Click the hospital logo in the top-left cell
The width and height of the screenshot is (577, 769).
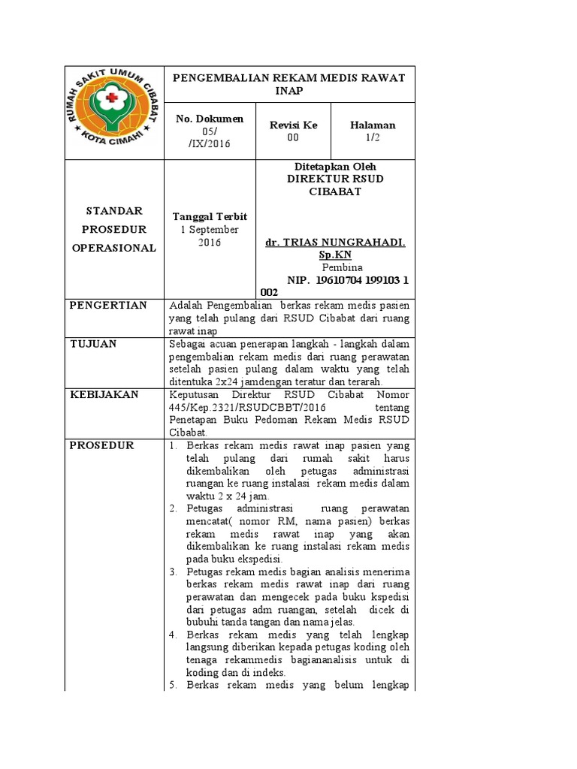pos(114,112)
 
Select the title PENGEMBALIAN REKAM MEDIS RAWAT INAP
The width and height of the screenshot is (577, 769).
pos(289,84)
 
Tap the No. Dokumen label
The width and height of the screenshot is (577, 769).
pos(210,119)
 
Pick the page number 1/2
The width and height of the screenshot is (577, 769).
pos(373,137)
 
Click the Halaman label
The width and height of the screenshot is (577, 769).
pos(373,125)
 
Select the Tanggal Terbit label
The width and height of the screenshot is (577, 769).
pos(210,216)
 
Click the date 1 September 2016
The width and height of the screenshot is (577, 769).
pos(210,236)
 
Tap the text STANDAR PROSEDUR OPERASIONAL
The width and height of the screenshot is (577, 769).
pos(114,229)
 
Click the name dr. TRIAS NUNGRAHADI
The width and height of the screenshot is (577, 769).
pos(336,243)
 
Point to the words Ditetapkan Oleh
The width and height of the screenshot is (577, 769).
pos(336,166)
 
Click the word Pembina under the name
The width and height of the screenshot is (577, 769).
pos(342,267)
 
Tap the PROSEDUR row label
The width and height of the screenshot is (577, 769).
pos(101,445)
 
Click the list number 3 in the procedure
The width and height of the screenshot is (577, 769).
pos(173,571)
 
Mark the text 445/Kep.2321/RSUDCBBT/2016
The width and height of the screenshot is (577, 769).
pos(247,407)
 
